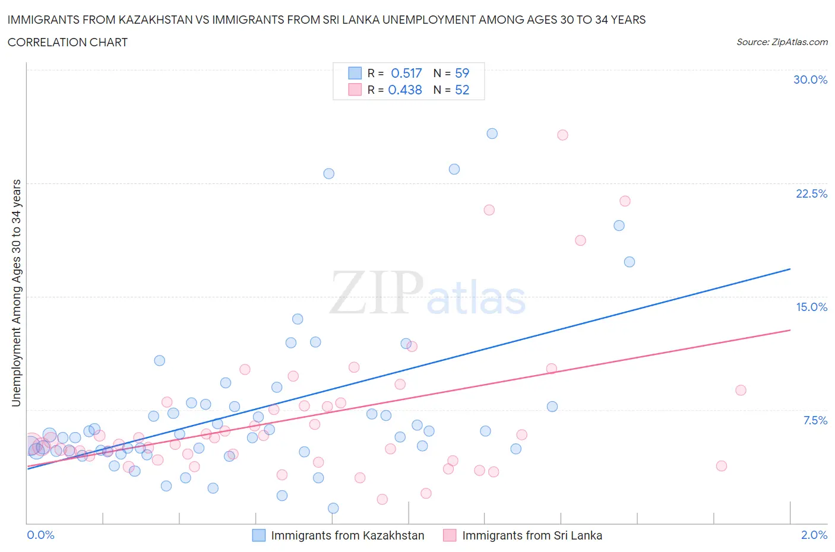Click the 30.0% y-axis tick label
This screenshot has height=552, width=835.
click(x=810, y=80)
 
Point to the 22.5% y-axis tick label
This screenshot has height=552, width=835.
click(x=811, y=193)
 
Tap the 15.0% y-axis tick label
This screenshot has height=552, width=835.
click(x=811, y=307)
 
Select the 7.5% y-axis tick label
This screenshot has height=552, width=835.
click(x=815, y=420)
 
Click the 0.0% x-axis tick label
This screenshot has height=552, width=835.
click(x=40, y=535)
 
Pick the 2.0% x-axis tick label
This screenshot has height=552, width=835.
click(x=814, y=535)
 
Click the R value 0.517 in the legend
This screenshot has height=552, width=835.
click(x=406, y=73)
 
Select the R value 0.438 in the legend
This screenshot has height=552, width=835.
click(x=405, y=90)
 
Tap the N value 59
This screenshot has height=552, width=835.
click(x=462, y=73)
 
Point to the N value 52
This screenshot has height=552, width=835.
click(x=462, y=90)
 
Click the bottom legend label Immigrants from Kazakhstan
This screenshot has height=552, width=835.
click(x=347, y=535)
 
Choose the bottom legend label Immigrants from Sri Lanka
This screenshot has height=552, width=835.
click(x=532, y=535)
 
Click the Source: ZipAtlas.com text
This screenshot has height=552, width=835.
click(x=782, y=42)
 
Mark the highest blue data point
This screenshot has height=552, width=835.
click(x=492, y=134)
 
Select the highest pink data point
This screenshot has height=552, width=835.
click(x=562, y=135)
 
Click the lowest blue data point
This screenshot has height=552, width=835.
click(x=333, y=508)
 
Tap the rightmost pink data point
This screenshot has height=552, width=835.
click(x=741, y=390)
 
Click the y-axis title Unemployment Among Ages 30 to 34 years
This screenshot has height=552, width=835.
click(x=16, y=293)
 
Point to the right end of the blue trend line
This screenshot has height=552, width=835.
click(x=790, y=269)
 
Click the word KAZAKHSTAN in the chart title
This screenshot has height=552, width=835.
click(x=156, y=20)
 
